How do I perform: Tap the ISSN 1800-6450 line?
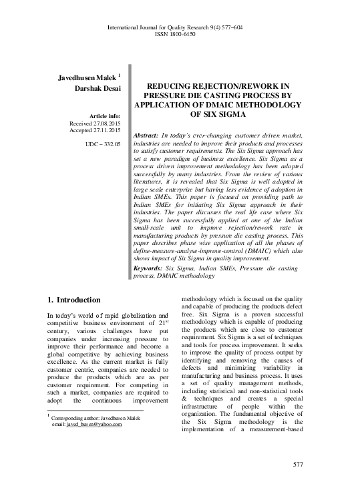point(180,35)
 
